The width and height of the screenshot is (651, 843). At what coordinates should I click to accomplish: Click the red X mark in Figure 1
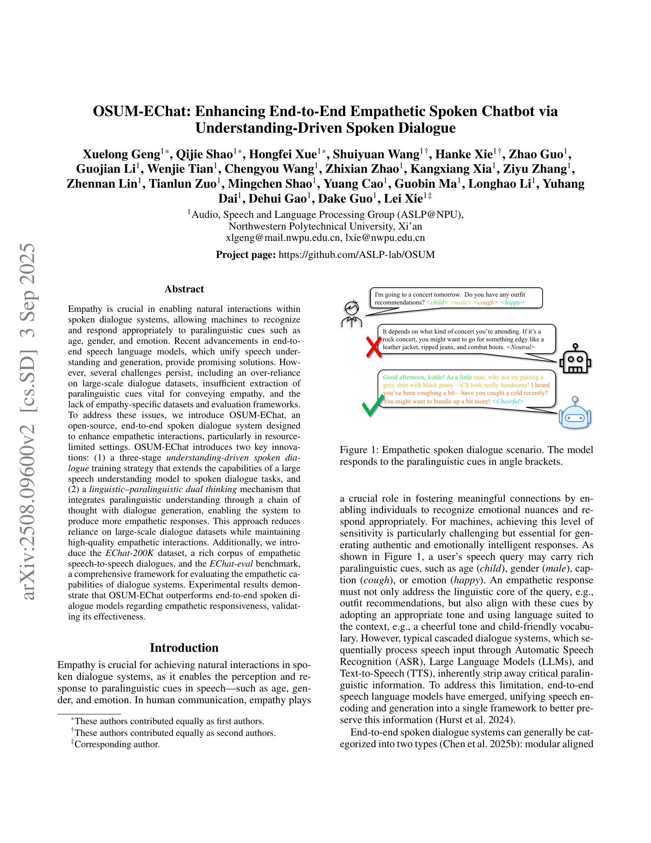[373, 347]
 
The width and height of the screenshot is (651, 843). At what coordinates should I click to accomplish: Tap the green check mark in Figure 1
[373, 405]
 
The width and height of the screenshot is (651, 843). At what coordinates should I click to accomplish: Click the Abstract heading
[184, 289]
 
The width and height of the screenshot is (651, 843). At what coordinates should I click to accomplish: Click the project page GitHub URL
[356, 255]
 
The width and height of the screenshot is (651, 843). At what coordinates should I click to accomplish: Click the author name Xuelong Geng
[121, 154]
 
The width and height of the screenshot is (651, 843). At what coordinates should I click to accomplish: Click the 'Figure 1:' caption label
[359, 450]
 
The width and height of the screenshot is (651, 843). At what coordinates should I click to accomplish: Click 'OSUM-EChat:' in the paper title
[141, 111]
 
